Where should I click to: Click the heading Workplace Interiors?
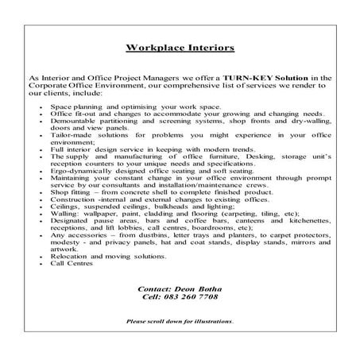pos(180,47)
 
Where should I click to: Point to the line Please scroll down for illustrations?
pos(180,322)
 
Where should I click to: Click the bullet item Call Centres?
pos(72,263)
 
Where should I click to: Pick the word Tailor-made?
pos(69,136)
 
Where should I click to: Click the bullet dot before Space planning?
pos(41,106)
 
